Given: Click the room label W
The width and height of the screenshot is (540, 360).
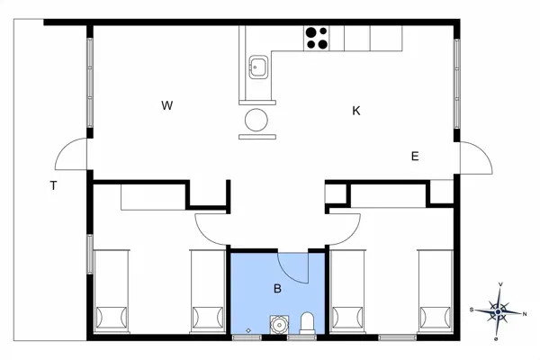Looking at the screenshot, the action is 167,105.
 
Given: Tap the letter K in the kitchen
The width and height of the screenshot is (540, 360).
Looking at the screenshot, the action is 356,111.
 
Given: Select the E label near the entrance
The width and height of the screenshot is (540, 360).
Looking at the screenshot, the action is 415,157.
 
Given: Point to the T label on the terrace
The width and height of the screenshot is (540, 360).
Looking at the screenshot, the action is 53,185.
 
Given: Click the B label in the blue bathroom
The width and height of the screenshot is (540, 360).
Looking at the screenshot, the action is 277,289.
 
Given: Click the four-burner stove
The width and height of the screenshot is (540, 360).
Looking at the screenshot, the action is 317,38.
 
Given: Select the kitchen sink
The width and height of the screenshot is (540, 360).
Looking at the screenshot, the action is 258,67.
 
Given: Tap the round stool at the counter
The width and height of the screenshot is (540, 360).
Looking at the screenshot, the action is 256,120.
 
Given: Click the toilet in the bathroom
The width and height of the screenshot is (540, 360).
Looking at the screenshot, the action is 307,323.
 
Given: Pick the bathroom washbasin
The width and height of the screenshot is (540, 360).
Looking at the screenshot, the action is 279,325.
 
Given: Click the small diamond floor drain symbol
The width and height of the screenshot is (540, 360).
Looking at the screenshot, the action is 248,330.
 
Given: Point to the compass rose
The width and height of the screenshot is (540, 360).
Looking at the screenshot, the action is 498,312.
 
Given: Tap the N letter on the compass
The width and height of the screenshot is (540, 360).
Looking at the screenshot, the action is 525,314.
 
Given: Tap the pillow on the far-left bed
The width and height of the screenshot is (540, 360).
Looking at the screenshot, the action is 112,318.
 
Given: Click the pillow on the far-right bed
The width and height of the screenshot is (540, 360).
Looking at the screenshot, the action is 435,318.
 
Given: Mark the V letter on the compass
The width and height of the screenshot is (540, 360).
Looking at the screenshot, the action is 500,284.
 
